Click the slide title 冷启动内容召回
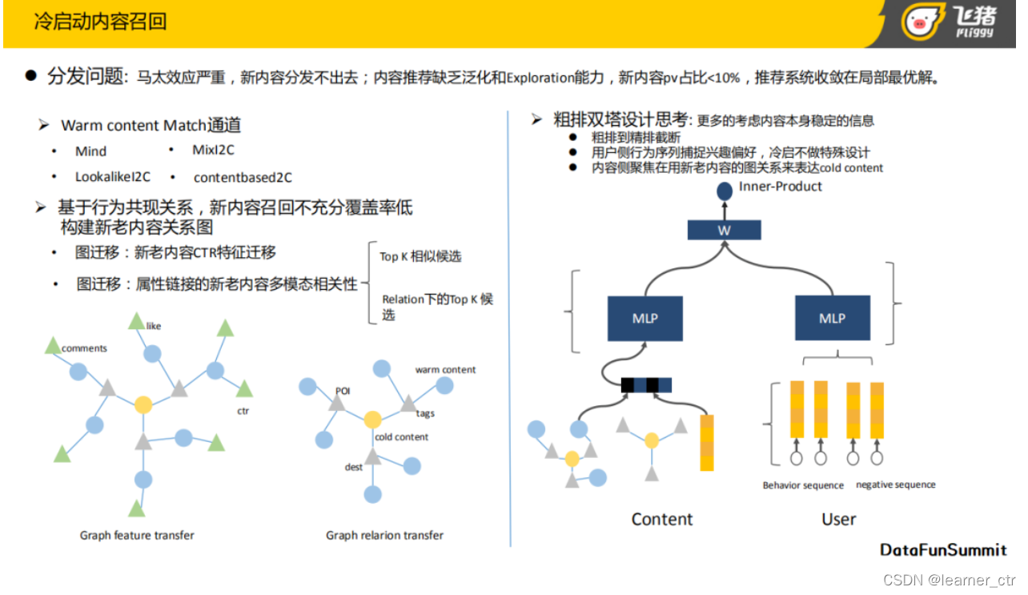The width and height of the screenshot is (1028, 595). (100, 22)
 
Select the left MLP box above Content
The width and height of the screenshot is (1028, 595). (645, 318)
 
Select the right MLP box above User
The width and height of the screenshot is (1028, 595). (832, 318)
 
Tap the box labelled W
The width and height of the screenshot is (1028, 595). (724, 231)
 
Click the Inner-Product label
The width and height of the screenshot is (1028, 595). (781, 187)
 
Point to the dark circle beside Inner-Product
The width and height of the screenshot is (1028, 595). (724, 191)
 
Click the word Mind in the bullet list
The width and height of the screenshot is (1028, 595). (90, 151)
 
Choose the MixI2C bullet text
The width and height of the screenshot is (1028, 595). (213, 150)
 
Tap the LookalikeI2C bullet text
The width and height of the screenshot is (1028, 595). (113, 177)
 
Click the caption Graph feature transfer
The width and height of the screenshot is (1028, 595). (137, 535)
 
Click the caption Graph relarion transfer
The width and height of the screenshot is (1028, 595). (384, 535)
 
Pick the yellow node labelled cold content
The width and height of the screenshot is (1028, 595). (372, 420)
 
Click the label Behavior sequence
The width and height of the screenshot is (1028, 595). (802, 485)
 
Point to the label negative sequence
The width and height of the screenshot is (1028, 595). (895, 484)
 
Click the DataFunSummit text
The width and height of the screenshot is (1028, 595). (943, 550)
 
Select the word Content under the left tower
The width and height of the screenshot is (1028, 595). (661, 519)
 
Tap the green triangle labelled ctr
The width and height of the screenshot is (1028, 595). (244, 389)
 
